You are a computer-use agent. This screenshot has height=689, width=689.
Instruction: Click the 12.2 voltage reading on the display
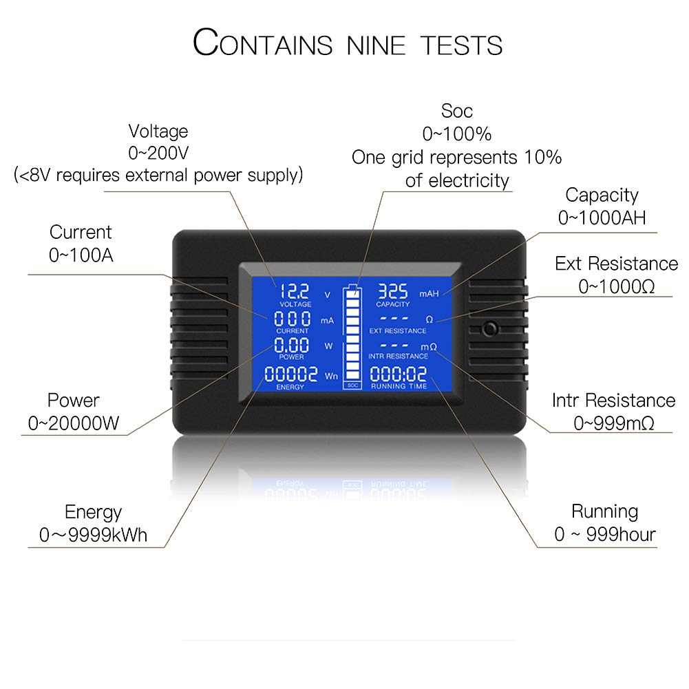(x=294, y=291)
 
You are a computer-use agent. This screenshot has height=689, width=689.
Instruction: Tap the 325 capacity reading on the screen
(x=393, y=291)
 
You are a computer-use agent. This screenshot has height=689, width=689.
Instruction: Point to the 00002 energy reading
(x=291, y=374)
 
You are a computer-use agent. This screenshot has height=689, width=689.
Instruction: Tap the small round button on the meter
(x=490, y=328)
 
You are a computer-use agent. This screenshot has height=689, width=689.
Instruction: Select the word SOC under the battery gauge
(x=352, y=385)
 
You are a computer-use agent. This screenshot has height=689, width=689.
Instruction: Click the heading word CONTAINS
(x=262, y=43)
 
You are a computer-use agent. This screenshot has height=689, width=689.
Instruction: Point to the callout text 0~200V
(x=158, y=153)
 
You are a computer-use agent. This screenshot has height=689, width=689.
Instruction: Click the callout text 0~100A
(x=81, y=255)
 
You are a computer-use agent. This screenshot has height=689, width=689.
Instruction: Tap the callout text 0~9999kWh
(x=93, y=535)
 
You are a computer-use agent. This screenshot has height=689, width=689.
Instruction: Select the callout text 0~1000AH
(x=602, y=218)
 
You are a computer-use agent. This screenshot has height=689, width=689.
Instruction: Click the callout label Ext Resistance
(x=616, y=264)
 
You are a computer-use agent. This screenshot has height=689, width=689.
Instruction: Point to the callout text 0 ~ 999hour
(x=605, y=534)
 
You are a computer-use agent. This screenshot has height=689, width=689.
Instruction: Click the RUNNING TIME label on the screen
(x=399, y=386)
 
